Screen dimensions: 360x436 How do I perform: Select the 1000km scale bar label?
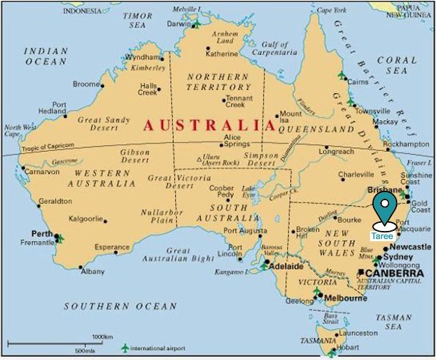[x=102, y=337]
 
